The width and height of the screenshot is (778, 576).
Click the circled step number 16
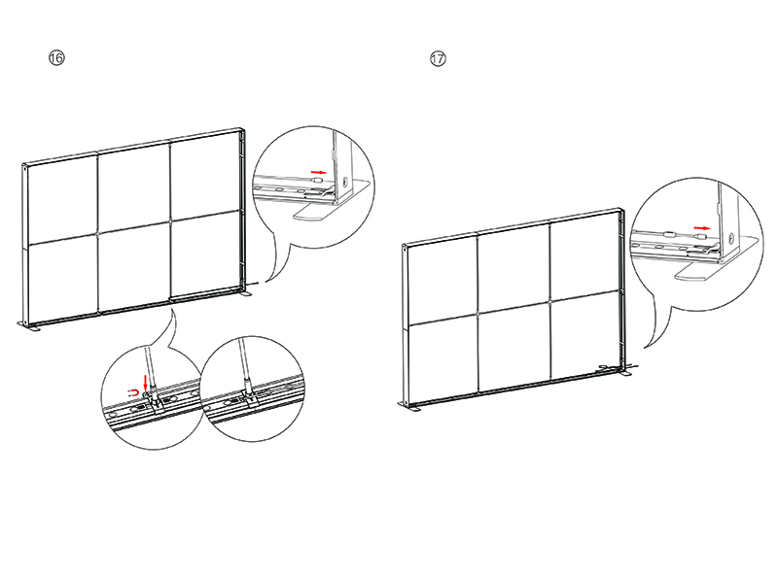56,58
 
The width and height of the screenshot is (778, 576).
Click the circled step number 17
438,58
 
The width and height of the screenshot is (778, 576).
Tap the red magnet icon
133,393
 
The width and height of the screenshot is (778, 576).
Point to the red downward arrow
145,383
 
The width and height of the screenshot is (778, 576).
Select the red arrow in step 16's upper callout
319,172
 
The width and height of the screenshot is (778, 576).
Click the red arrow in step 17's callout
702,227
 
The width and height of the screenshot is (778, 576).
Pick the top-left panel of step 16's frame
63,200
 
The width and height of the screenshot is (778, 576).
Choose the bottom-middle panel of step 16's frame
134,267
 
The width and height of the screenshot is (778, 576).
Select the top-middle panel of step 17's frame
513,269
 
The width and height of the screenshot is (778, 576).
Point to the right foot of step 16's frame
246,293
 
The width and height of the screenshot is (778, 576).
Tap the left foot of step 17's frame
408,405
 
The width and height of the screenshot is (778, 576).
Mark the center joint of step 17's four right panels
550,302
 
